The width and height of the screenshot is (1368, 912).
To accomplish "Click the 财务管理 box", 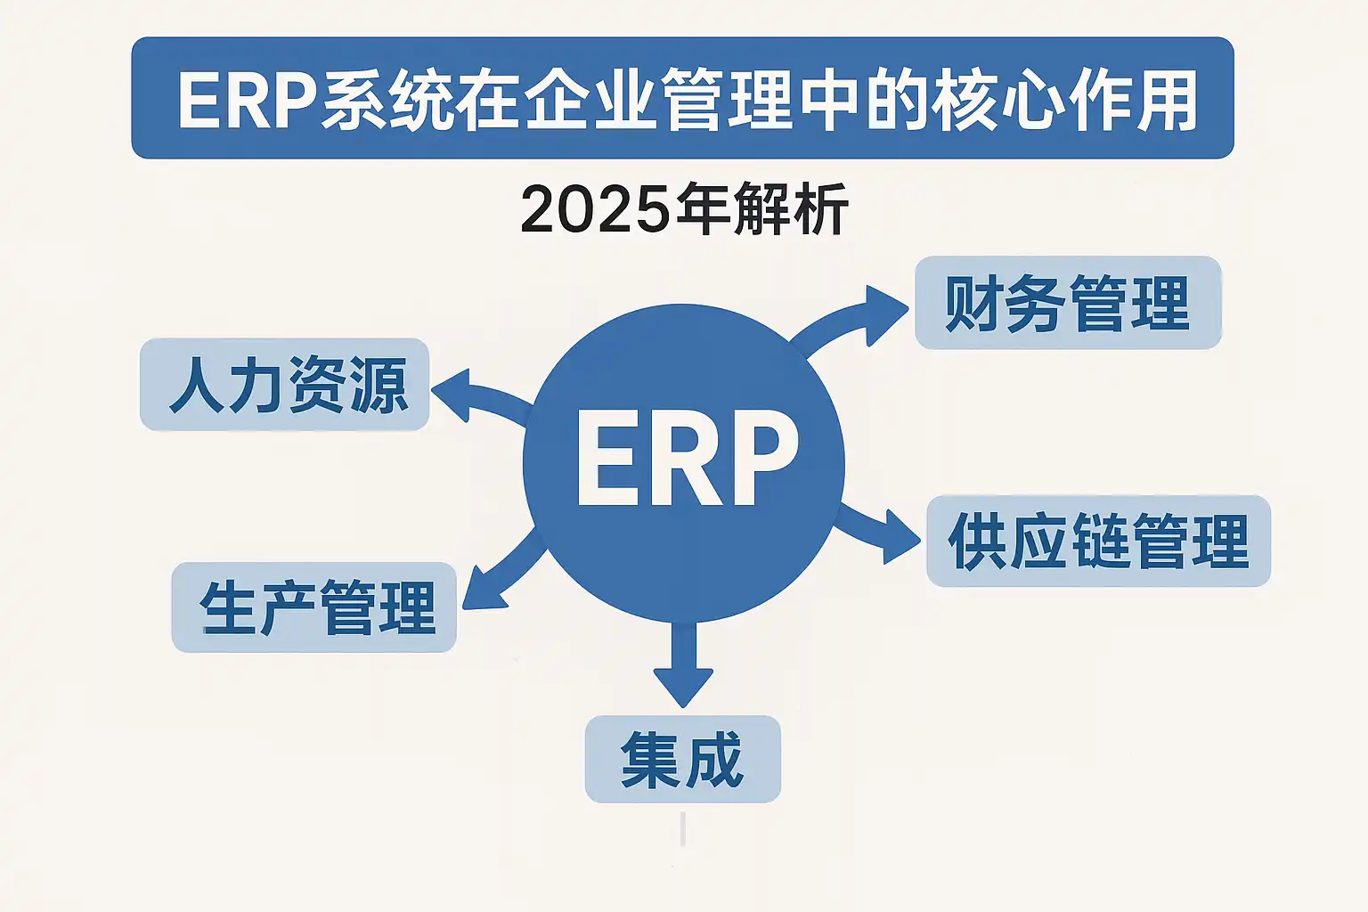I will click(x=1067, y=303).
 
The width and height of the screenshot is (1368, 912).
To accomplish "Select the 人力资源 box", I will click(x=285, y=385).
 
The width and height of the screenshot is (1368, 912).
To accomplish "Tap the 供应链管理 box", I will click(x=1098, y=541).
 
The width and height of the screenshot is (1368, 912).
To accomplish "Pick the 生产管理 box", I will click(x=313, y=607).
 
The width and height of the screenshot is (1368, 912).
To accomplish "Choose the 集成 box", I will click(x=682, y=760).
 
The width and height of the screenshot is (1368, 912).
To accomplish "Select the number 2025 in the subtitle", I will click(x=594, y=210).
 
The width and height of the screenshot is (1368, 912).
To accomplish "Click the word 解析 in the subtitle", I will click(x=792, y=210).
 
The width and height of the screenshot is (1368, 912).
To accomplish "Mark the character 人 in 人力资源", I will click(x=197, y=386).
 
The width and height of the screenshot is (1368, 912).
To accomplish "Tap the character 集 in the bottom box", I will click(x=650, y=760).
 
